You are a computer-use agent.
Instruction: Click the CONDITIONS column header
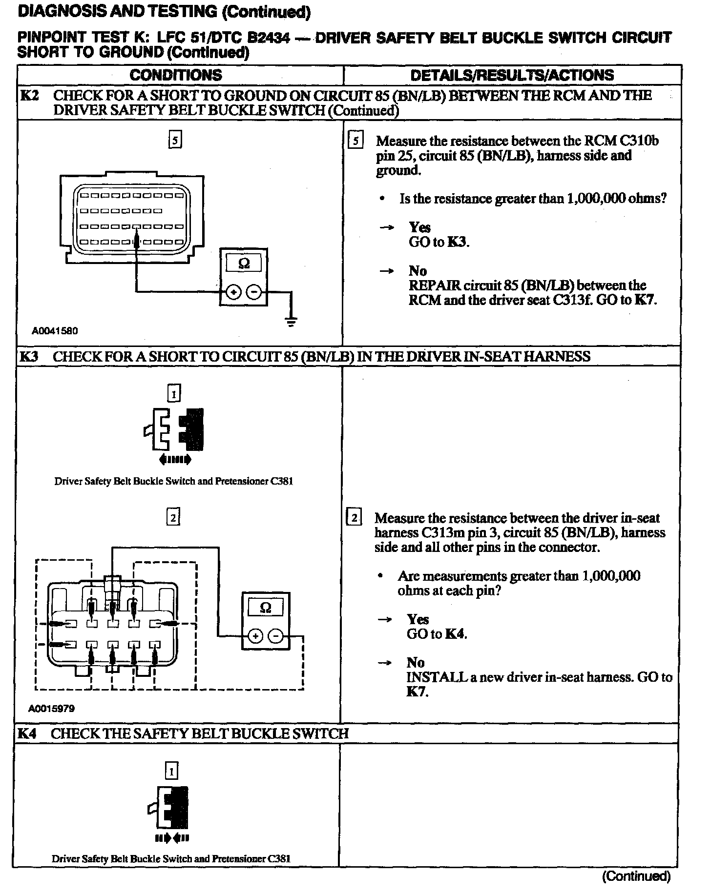pyautogui.click(x=176, y=75)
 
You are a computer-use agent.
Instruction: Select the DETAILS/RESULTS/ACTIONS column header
pyautogui.click(x=512, y=75)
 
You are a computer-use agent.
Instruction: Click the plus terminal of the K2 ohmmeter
pyautogui.click(x=234, y=292)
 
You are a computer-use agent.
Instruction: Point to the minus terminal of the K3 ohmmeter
pyautogui.click(x=276, y=636)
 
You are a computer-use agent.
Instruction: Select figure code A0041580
pyautogui.click(x=55, y=331)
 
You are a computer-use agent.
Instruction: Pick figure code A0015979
pyautogui.click(x=51, y=708)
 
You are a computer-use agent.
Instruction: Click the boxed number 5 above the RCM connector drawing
pyautogui.click(x=175, y=141)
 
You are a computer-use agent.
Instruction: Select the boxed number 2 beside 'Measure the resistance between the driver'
pyautogui.click(x=354, y=518)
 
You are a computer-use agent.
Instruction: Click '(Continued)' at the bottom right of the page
pyautogui.click(x=636, y=876)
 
